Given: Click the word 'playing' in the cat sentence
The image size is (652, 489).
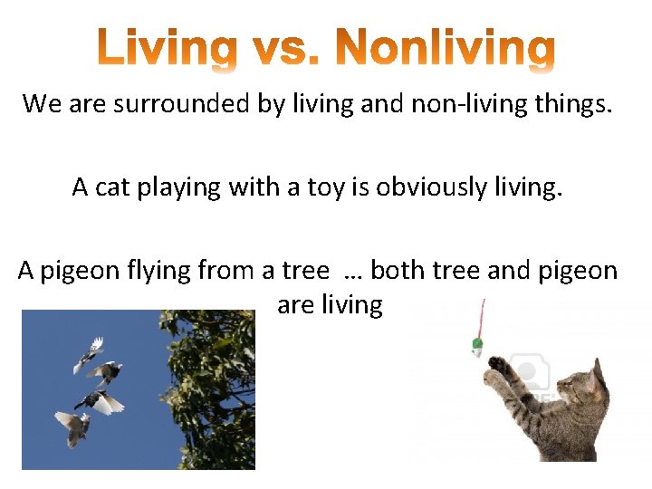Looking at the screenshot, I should point(179,187).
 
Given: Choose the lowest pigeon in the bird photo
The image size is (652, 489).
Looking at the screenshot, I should point(73,426).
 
